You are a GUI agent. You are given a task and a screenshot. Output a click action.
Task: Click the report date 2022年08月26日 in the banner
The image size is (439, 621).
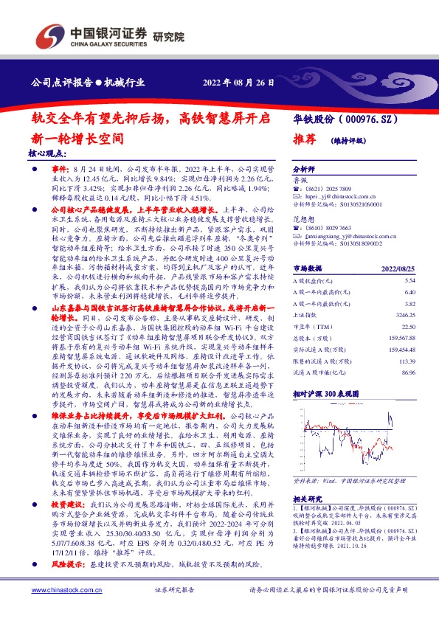click(238, 83)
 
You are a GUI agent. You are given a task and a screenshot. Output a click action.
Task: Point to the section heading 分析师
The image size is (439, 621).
click(304, 168)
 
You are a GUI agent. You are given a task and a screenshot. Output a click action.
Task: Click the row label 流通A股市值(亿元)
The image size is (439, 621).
click(319, 373)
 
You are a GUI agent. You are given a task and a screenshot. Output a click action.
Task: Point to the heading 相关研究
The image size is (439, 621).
click(308, 519)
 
